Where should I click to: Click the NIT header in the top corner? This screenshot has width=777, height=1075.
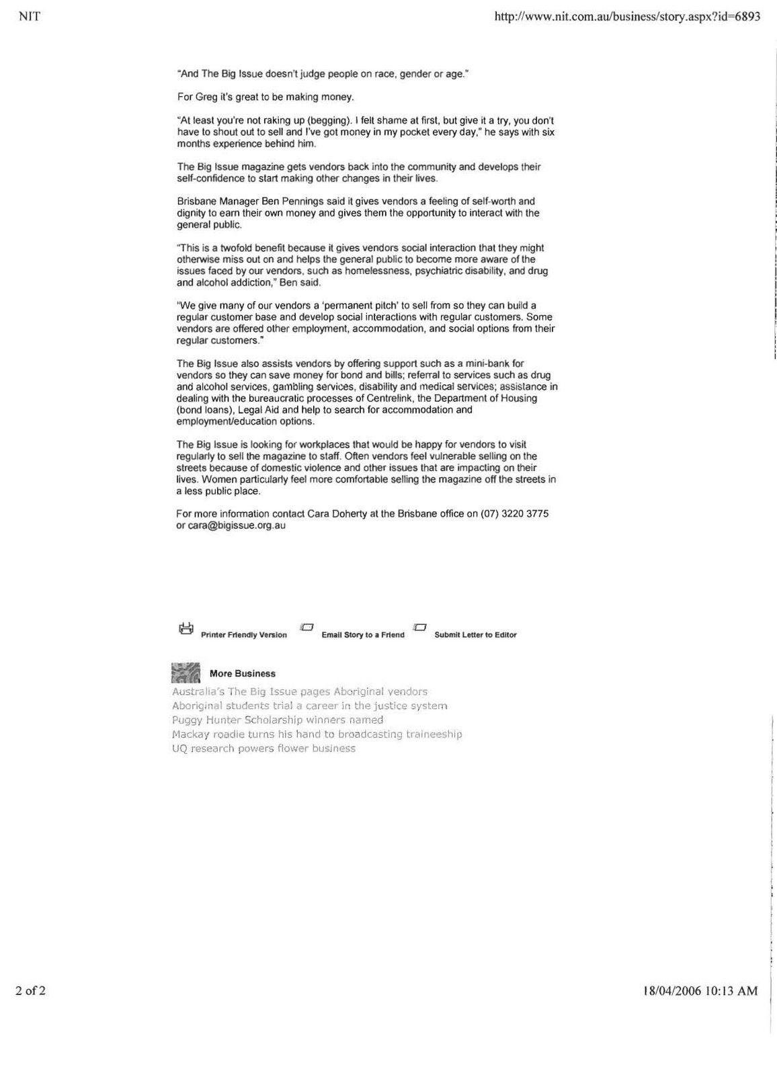pyautogui.click(x=26, y=17)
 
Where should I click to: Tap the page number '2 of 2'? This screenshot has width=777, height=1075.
pyautogui.click(x=30, y=991)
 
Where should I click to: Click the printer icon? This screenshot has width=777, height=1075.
pyautogui.click(x=186, y=629)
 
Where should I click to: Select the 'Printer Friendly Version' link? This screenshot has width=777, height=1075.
pyautogui.click(x=243, y=635)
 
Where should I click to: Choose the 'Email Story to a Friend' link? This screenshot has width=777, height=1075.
pyautogui.click(x=363, y=635)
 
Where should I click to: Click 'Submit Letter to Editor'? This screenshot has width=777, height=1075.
pyautogui.click(x=475, y=635)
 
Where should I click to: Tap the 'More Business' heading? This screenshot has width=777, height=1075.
pyautogui.click(x=242, y=674)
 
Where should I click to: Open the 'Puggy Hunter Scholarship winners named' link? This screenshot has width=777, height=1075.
pyautogui.click(x=278, y=720)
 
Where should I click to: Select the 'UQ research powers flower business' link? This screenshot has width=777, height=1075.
pyautogui.click(x=263, y=748)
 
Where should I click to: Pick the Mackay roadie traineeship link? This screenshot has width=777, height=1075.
pyautogui.click(x=317, y=734)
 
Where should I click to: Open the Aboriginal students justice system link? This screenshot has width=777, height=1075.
pyautogui.click(x=310, y=706)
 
